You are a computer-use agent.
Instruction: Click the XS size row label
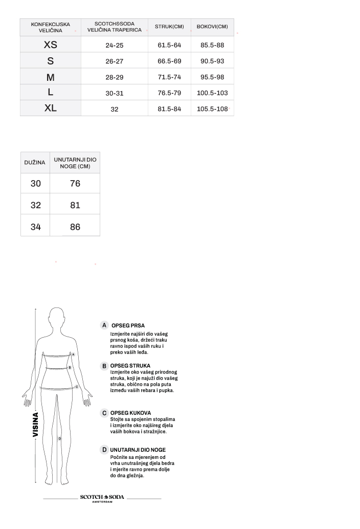(x=50, y=45)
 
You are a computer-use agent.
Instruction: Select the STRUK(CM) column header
(x=169, y=26)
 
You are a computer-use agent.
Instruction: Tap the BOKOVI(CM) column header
(x=212, y=26)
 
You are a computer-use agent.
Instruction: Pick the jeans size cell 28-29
(x=115, y=77)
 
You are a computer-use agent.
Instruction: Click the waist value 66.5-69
(x=169, y=61)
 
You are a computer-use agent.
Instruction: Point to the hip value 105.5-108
(x=212, y=109)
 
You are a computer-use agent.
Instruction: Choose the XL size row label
(x=50, y=108)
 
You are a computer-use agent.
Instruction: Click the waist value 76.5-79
(x=169, y=93)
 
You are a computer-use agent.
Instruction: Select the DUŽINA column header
(x=35, y=163)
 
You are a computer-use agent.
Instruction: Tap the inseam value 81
(x=75, y=205)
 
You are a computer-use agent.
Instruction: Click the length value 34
(x=35, y=227)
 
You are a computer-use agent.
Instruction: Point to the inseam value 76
(x=75, y=183)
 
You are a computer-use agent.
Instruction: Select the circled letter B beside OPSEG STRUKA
(x=104, y=366)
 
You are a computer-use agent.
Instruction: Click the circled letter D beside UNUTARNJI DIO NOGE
(x=104, y=450)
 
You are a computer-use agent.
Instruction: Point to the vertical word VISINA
(x=36, y=424)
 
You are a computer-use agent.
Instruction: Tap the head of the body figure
(x=58, y=321)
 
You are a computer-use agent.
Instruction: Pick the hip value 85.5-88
(x=212, y=45)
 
